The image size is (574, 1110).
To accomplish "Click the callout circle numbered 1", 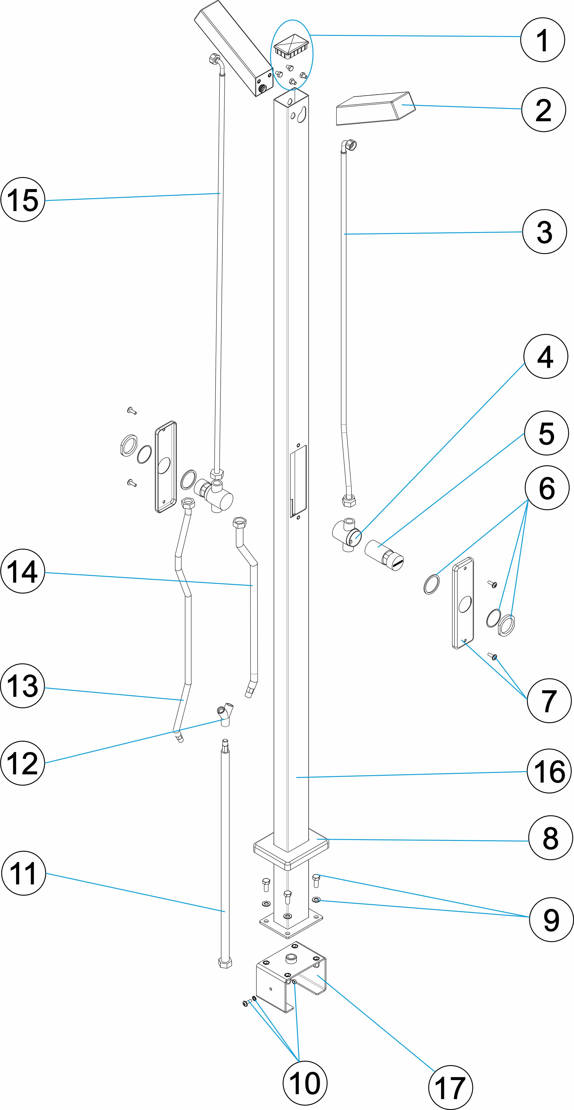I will tap(542, 40).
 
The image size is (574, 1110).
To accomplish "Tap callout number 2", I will tap(543, 109).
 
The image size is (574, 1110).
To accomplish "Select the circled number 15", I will tap(23, 199).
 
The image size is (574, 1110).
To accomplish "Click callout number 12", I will tap(23, 763).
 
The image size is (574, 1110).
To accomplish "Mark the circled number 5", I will tap(546, 433).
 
